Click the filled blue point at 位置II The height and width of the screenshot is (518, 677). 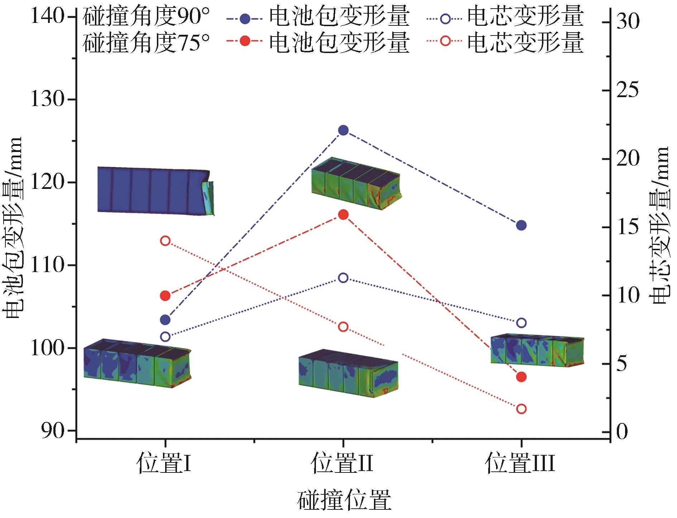(343, 130)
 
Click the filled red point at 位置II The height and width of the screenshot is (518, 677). (343, 215)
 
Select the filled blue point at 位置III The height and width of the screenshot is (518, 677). (521, 225)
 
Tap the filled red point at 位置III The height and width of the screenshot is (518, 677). (521, 377)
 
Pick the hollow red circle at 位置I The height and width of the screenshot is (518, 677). (165, 241)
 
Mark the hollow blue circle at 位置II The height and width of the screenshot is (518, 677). (343, 278)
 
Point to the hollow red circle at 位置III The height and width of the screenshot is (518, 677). (521, 409)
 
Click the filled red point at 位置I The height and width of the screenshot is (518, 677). (165, 296)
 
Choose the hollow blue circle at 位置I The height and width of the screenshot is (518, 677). (165, 337)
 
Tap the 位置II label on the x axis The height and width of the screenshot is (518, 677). (342, 464)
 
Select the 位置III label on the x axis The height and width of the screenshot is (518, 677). (520, 464)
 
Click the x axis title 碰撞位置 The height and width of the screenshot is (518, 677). (344, 500)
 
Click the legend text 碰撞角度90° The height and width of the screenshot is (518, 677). (146, 17)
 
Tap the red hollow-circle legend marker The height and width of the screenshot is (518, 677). (445, 41)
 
